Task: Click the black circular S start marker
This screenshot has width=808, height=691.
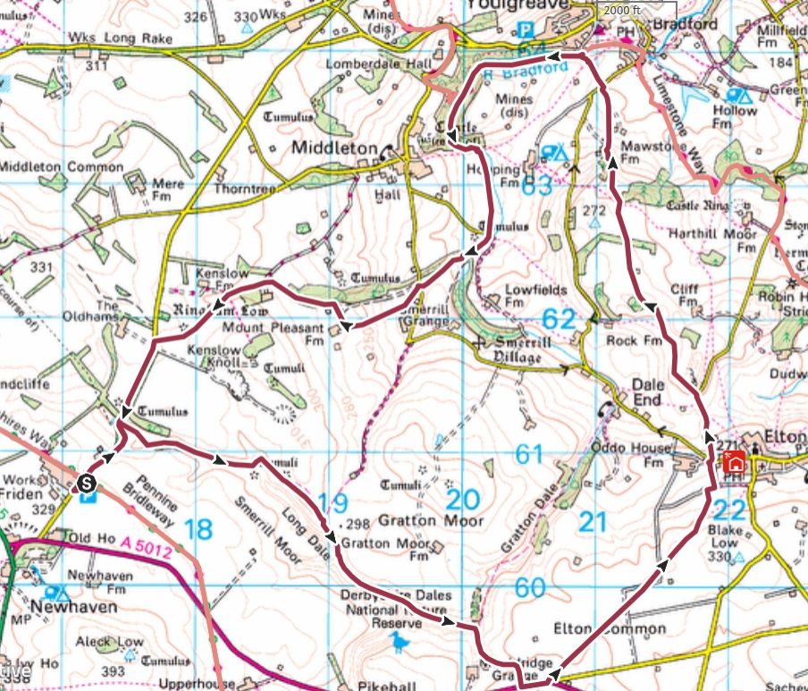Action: (86, 483)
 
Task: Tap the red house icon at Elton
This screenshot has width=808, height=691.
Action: (734, 461)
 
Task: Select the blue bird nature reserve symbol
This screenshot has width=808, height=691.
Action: (398, 641)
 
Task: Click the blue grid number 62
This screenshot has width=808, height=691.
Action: (559, 319)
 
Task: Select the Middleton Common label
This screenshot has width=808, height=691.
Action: (61, 167)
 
